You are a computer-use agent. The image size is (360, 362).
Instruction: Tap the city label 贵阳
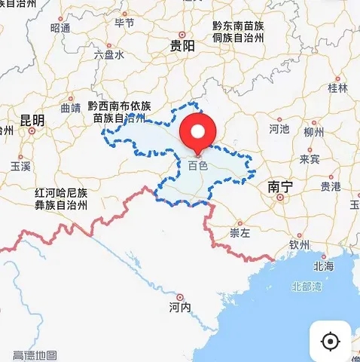(x=183, y=46)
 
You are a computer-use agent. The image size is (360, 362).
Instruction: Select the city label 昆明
(x=32, y=120)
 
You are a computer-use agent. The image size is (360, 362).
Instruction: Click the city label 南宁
(x=280, y=186)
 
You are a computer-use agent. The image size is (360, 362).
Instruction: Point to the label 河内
(x=180, y=308)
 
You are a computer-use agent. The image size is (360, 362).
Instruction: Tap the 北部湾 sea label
(x=307, y=287)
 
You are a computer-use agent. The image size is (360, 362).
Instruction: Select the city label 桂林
(x=337, y=88)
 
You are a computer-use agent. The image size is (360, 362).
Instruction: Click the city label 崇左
(x=239, y=233)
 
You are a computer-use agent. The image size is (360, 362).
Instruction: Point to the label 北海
(x=323, y=265)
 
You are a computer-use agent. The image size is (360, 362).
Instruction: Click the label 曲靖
(x=70, y=108)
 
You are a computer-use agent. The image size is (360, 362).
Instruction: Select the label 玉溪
(x=21, y=165)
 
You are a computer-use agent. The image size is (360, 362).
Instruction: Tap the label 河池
(x=279, y=129)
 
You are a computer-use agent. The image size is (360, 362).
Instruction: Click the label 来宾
(x=310, y=159)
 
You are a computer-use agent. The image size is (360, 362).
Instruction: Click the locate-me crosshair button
(x=330, y=341)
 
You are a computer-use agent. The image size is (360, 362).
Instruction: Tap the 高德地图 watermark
(x=35, y=354)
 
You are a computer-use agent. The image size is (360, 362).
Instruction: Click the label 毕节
(x=124, y=23)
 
